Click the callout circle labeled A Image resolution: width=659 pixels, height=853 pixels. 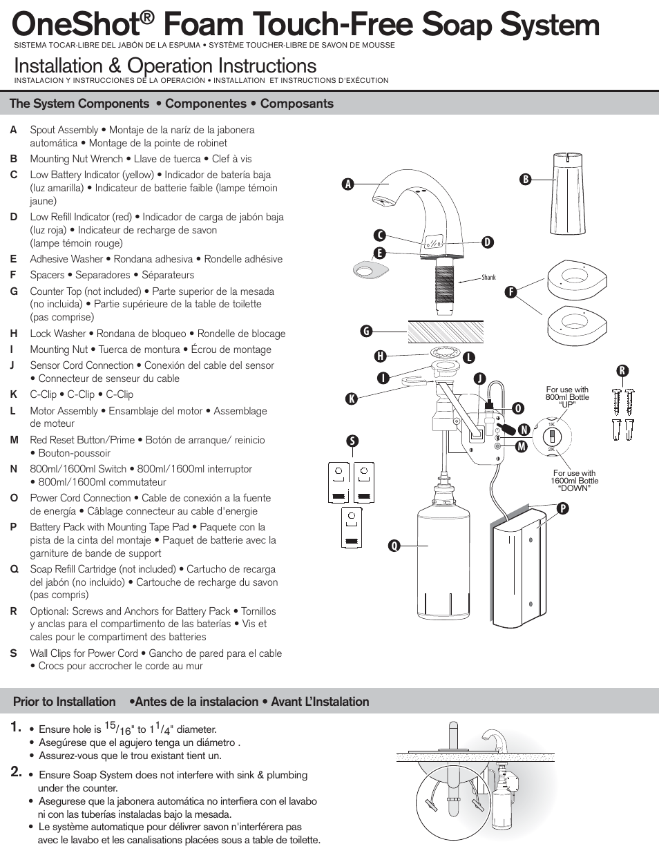pos(347,184)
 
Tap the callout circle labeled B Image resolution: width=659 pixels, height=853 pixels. pos(525,180)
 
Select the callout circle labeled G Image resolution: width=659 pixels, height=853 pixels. pos(366,331)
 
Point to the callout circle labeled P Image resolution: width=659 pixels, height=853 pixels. pos(563,508)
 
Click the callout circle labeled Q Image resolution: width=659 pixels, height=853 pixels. pos(394,546)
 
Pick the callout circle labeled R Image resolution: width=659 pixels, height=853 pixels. pos(622,371)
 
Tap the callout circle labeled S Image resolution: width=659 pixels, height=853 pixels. pos(352,441)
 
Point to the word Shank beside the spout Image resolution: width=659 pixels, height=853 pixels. pos(488,278)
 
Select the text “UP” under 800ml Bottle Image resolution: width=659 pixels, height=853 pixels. pos(567,405)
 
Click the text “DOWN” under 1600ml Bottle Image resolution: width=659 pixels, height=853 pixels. pos(574,488)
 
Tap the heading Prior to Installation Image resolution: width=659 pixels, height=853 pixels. pos(64,702)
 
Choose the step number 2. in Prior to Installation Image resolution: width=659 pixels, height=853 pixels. pos(17,772)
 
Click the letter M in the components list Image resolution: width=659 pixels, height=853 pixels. pos(14,440)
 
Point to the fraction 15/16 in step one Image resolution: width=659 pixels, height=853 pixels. pos(117,728)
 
